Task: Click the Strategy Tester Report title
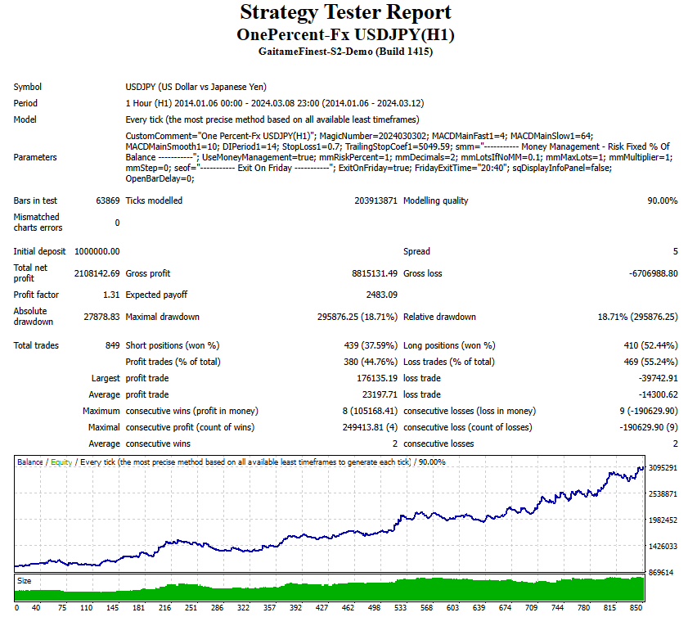(345, 12)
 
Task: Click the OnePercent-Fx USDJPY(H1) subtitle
(345, 34)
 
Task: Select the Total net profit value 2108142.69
(97, 273)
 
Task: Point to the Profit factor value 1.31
(111, 295)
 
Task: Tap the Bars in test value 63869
(106, 200)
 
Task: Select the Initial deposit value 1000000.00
(97, 251)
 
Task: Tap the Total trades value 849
(112, 345)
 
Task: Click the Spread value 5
(675, 251)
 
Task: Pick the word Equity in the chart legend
(61, 462)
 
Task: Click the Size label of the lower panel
(25, 580)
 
